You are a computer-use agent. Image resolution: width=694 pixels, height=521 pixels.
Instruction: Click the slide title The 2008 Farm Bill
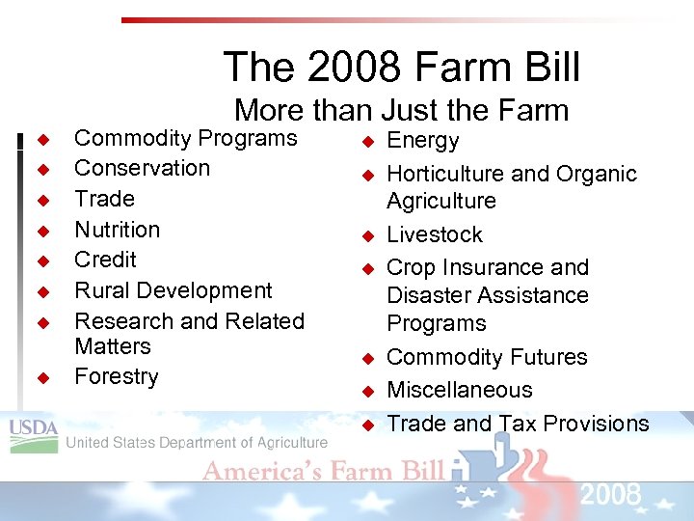(402, 68)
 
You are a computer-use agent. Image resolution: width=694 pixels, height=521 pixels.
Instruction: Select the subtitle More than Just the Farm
(402, 110)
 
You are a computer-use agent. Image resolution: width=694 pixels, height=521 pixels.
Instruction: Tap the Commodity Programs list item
(186, 138)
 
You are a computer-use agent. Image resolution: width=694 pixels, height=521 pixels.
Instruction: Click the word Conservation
(142, 168)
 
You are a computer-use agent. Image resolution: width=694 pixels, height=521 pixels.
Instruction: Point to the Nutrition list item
(117, 230)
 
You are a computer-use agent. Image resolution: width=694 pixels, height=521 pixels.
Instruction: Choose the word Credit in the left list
(105, 260)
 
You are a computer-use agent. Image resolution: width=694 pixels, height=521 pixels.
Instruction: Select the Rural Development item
(173, 290)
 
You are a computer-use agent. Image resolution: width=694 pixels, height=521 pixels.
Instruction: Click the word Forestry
(116, 376)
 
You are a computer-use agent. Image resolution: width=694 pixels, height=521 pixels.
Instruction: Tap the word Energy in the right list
(422, 141)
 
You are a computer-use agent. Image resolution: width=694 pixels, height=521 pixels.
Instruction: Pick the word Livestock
(435, 234)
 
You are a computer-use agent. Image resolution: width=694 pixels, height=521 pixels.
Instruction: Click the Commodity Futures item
(487, 357)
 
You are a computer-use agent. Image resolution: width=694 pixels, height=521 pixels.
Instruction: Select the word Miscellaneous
(459, 390)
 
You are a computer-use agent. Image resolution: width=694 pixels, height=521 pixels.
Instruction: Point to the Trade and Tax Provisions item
(518, 424)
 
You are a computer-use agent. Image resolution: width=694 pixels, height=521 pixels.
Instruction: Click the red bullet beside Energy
(367, 142)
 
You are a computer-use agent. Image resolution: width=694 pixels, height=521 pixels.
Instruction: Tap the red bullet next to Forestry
(42, 377)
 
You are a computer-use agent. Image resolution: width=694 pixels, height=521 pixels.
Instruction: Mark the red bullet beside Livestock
(367, 235)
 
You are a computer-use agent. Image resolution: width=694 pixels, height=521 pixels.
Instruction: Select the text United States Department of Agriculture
(197, 443)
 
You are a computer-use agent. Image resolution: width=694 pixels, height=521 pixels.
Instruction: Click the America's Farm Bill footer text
(323, 471)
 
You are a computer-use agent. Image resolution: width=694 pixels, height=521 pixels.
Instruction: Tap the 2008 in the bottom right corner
(610, 496)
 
